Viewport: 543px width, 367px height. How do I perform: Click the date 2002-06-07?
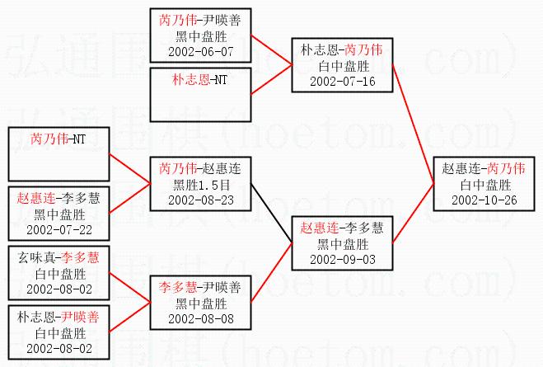pos(201,52)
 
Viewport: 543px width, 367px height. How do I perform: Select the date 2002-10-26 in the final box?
pos(484,200)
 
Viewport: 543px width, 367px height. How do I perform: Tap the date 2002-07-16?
pos(343,82)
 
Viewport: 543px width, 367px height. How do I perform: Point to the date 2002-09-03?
pos(343,260)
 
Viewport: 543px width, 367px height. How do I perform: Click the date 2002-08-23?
pos(201,200)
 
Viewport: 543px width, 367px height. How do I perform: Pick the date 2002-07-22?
pos(59,230)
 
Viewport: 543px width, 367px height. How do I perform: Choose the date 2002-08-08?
pos(201,319)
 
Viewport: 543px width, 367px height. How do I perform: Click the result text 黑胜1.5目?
pos(201,185)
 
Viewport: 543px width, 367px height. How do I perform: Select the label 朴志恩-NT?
pos(200,80)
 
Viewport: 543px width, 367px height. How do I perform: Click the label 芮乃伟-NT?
pos(58,139)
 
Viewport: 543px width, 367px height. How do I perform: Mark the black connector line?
pos(272,214)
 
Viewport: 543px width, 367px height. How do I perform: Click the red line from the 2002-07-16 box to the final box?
pos(413,124)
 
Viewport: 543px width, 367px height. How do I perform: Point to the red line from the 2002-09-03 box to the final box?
pos(413,214)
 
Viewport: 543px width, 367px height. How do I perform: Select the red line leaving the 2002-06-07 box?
pos(272,49)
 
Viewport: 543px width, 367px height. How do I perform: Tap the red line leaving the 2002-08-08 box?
pos(272,272)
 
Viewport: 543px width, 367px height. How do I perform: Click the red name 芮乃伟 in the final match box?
pos(506,168)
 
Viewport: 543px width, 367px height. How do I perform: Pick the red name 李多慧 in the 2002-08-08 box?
pos(178,287)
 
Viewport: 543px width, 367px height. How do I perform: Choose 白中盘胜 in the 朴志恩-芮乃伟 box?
pos(344,66)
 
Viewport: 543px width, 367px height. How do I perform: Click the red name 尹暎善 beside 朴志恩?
pos(81,317)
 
